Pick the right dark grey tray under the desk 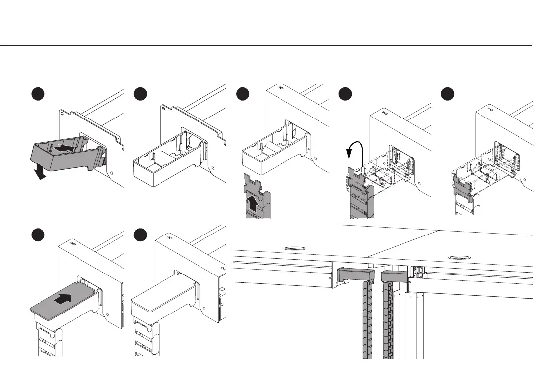[394, 277]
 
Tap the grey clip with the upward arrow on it [254, 190]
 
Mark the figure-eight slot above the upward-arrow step [281, 87]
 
